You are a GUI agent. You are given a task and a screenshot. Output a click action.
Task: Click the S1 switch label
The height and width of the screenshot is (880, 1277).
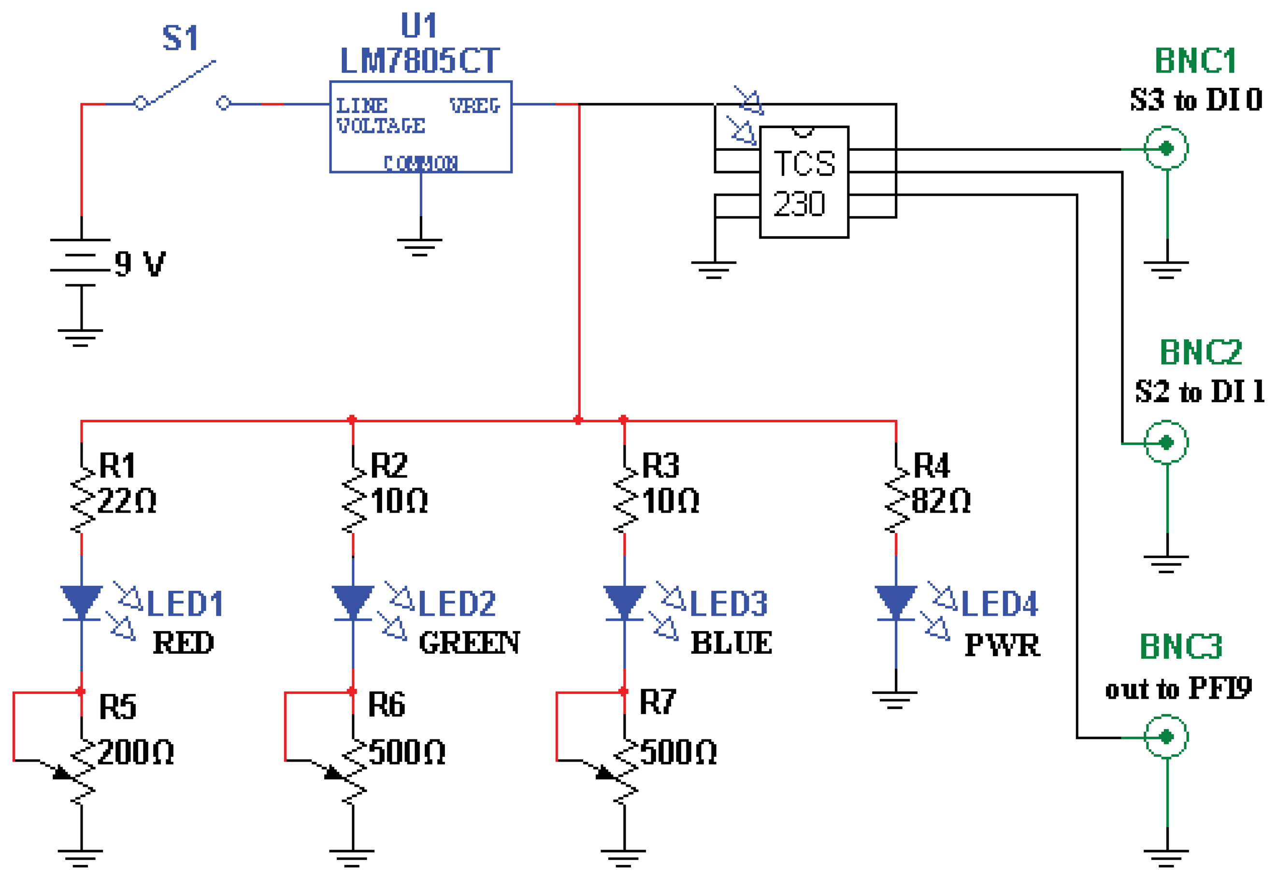(x=180, y=38)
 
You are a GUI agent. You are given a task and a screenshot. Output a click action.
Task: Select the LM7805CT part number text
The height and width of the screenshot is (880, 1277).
(x=420, y=61)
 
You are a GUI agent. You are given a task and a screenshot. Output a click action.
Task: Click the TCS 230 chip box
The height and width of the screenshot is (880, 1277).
(x=804, y=182)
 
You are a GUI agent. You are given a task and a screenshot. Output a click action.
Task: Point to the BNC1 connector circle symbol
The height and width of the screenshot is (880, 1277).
(x=1166, y=148)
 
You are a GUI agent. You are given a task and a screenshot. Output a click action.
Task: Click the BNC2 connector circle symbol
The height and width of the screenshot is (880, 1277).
(x=1166, y=442)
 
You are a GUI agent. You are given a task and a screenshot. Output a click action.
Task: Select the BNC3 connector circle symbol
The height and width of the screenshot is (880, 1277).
(x=1166, y=736)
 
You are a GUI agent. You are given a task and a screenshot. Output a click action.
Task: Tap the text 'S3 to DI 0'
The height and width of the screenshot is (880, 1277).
(x=1195, y=101)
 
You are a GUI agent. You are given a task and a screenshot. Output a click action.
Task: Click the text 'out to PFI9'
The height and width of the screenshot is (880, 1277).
(x=1178, y=689)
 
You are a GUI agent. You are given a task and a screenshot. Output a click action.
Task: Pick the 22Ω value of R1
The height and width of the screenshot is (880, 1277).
(x=127, y=501)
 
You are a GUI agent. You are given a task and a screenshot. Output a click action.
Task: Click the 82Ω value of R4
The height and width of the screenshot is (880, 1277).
(x=940, y=501)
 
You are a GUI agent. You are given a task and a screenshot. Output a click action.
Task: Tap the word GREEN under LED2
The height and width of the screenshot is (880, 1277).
(x=469, y=643)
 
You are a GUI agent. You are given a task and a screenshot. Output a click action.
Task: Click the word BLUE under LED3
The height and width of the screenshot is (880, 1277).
(x=732, y=643)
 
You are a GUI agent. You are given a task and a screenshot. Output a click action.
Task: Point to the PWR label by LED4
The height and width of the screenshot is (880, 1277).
(x=1002, y=645)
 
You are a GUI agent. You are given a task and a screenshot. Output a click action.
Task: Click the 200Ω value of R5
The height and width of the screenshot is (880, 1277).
(x=135, y=752)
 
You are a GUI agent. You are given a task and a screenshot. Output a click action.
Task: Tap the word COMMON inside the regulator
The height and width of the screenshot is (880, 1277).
(x=420, y=163)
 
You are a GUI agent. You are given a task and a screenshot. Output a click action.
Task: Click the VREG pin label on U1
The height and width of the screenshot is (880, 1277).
(x=474, y=105)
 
